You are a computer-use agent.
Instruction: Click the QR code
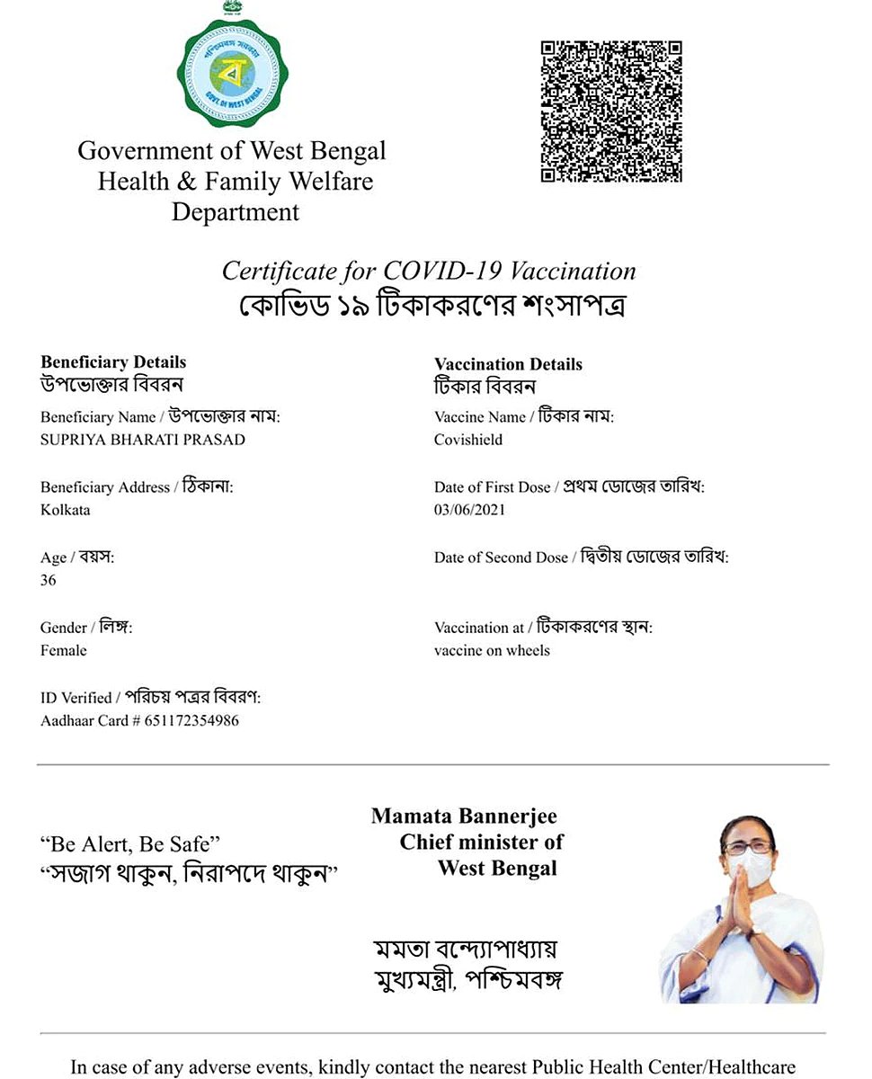pyautogui.click(x=611, y=111)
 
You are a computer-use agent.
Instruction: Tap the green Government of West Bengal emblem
pyautogui.click(x=234, y=72)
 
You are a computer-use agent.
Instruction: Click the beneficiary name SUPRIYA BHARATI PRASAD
pyautogui.click(x=143, y=440)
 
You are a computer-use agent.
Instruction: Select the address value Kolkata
pyautogui.click(x=66, y=510)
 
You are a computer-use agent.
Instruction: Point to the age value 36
pyautogui.click(x=49, y=580)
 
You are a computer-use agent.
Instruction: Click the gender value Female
pyautogui.click(x=64, y=650)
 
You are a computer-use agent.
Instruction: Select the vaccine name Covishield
pyautogui.click(x=468, y=440)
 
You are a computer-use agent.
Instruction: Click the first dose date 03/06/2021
pyautogui.click(x=469, y=510)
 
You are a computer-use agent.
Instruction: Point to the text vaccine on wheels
pyautogui.click(x=492, y=650)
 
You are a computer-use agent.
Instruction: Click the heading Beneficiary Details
pyautogui.click(x=113, y=362)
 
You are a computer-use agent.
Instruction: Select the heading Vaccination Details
pyautogui.click(x=508, y=364)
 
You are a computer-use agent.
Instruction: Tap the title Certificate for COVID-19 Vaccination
pyautogui.click(x=429, y=271)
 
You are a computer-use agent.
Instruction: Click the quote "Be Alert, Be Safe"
pyautogui.click(x=130, y=843)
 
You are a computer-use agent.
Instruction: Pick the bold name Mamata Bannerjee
pyautogui.click(x=464, y=816)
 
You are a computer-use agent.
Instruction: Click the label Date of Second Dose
pyautogui.click(x=501, y=557)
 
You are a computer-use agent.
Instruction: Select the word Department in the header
pyautogui.click(x=236, y=213)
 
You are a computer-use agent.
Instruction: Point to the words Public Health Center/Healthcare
pyautogui.click(x=663, y=1067)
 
